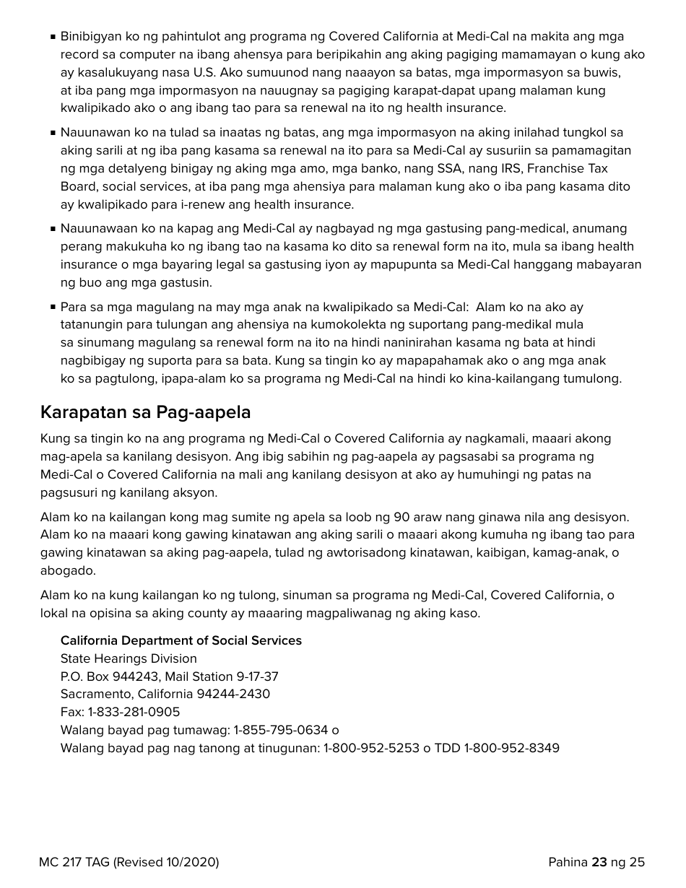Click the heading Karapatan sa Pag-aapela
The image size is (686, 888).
coord(145,413)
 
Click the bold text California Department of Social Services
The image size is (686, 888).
coord(181,641)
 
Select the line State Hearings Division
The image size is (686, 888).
coord(129,658)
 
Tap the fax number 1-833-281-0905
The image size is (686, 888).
coord(134,712)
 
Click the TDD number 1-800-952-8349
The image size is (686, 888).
coord(511,748)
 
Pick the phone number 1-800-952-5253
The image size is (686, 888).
coord(371,748)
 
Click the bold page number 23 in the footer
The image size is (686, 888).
coord(599,862)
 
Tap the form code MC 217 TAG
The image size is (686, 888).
coord(74,862)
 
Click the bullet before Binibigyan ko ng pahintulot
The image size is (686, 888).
coord(53,37)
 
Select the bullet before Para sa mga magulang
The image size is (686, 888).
coord(53,307)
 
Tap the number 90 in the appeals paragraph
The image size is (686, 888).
coord(401,518)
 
